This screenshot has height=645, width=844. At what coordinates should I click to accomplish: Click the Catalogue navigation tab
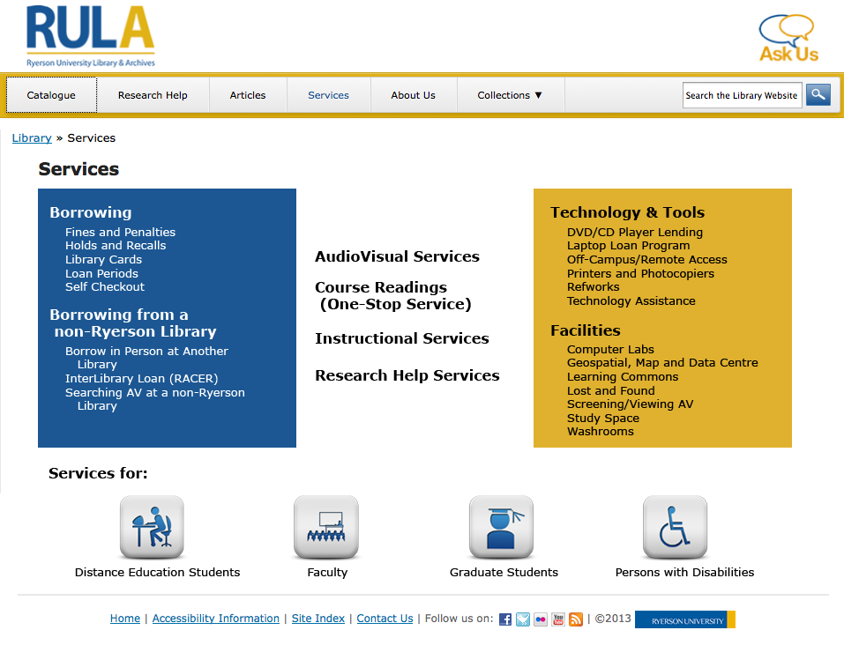click(51, 95)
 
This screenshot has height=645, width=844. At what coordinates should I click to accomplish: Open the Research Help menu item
click(153, 95)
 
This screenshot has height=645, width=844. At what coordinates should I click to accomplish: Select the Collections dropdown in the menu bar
click(510, 95)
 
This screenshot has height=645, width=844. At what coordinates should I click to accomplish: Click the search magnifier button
click(818, 95)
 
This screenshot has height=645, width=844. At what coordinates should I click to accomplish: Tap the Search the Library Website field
click(742, 95)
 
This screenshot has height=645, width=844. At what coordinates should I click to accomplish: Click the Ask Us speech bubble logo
click(788, 38)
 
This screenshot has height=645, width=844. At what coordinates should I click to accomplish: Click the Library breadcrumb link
click(32, 137)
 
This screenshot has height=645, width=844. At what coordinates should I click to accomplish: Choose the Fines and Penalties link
click(120, 233)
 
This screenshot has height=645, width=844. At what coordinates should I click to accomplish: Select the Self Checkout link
click(105, 287)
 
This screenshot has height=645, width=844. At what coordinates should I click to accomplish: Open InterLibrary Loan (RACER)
click(129, 379)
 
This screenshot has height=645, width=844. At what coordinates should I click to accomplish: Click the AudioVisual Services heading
click(397, 256)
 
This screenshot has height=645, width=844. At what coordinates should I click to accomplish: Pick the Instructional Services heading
click(401, 338)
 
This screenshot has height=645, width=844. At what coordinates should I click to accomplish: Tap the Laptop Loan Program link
click(628, 246)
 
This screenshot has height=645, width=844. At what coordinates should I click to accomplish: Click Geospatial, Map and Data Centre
click(662, 363)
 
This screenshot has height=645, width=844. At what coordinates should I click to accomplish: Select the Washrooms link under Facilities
click(600, 432)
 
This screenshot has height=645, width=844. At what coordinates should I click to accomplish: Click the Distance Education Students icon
click(152, 527)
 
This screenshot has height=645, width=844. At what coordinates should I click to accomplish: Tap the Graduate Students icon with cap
click(501, 527)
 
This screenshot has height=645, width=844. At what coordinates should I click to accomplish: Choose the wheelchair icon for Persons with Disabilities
click(675, 527)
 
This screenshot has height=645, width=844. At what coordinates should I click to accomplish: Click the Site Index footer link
click(317, 619)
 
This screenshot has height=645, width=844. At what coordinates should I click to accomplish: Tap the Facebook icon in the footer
click(505, 619)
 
